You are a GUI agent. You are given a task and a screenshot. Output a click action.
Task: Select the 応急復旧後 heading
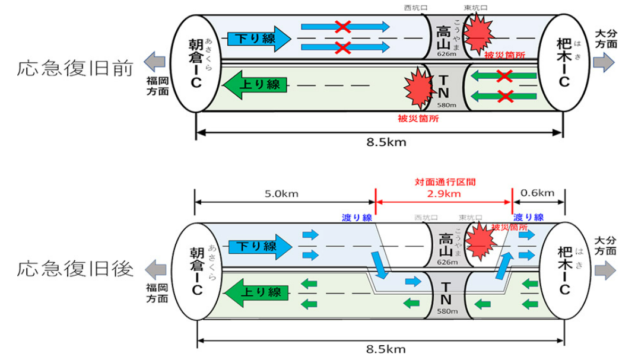click(x=74, y=269)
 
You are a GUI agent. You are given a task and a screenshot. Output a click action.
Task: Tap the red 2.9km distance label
click(x=444, y=194)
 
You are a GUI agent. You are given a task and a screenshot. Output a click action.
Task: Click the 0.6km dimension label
click(x=538, y=193)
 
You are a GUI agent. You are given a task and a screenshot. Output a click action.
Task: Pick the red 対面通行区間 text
click(x=444, y=183)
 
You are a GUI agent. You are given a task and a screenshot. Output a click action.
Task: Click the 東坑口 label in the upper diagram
click(x=475, y=7)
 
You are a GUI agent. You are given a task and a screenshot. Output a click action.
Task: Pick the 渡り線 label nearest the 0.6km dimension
click(x=528, y=218)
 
